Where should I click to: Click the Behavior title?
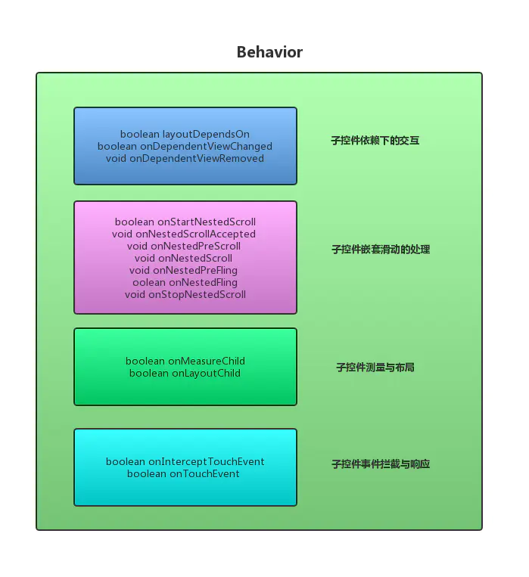[x=269, y=52]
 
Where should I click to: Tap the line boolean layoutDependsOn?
[x=185, y=135]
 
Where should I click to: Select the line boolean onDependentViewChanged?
[x=185, y=147]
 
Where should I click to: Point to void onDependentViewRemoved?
[x=185, y=159]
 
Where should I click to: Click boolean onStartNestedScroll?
[x=185, y=222]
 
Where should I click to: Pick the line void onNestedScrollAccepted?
[x=184, y=234]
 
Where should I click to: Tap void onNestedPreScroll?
[x=184, y=247]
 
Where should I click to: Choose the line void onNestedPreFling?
[x=184, y=271]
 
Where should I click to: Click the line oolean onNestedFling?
[x=185, y=283]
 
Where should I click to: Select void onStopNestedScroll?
[x=185, y=295]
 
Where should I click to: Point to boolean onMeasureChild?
[x=185, y=361]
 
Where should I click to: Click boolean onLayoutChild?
[x=185, y=374]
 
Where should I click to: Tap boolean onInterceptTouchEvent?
[x=185, y=462]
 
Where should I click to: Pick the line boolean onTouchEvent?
[x=183, y=474]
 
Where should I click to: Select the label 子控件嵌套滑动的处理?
[x=381, y=250]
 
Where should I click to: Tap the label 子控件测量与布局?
[x=375, y=368]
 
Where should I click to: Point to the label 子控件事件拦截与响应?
[x=381, y=464]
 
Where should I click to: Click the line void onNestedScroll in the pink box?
[x=184, y=259]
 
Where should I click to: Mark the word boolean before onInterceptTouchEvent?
[x=126, y=462]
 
